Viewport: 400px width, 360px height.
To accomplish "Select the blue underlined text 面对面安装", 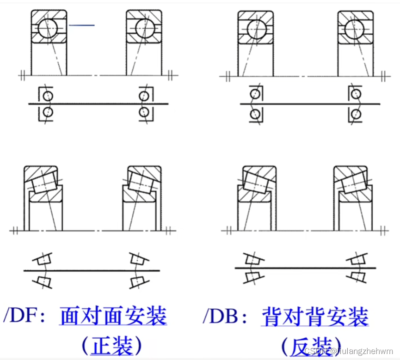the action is click(113, 316).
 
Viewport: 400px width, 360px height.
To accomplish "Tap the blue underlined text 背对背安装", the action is click(314, 317).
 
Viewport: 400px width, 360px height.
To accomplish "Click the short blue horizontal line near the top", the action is click(82, 25).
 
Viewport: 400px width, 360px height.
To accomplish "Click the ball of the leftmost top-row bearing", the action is click(48, 28).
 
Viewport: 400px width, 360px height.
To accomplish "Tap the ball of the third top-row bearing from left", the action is click(255, 29).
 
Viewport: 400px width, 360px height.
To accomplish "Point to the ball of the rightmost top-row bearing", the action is click(355, 29).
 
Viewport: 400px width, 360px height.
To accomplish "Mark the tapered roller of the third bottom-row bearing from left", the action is click(255, 182).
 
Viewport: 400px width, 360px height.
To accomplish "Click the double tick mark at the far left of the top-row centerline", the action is click(22, 75).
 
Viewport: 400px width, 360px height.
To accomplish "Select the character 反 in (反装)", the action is click(298, 346).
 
